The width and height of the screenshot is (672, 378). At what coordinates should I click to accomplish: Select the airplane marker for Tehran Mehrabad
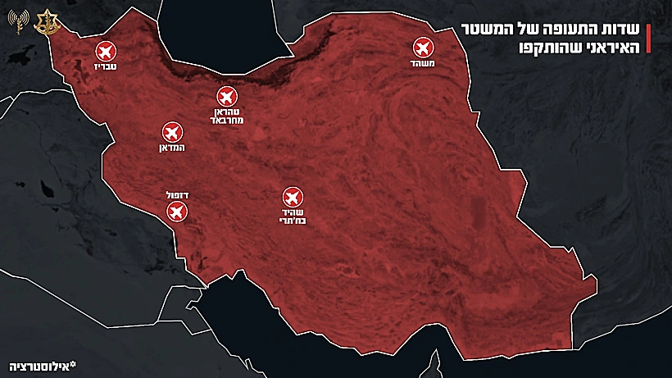[x=228, y=97]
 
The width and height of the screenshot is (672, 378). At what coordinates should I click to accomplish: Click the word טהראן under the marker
[x=228, y=112]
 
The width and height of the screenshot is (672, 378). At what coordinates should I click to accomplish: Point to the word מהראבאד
[x=228, y=121]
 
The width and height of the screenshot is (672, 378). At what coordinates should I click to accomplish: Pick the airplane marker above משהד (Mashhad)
[x=423, y=47]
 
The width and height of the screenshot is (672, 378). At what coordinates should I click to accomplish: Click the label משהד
[x=423, y=63]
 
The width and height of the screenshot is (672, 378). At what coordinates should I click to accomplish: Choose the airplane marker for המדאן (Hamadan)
[x=171, y=132]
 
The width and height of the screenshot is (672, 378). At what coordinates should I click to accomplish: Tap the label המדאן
[x=171, y=148]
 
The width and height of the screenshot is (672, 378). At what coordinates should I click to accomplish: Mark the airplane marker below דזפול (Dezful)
[x=175, y=213]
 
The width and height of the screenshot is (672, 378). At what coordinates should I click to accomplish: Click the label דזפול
[x=175, y=196]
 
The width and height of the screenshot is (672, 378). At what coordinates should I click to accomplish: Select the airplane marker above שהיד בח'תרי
[x=292, y=197]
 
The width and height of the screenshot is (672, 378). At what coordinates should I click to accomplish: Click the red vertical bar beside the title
[x=648, y=39]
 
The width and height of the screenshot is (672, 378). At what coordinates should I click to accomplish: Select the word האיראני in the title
[x=611, y=48]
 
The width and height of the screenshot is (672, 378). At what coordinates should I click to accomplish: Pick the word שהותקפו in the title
[x=550, y=48]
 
